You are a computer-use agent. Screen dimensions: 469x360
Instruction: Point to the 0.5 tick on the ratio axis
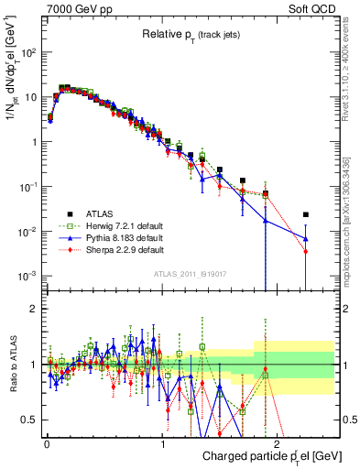[x=30, y=420]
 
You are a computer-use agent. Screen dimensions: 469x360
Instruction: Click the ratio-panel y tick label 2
[x=35, y=309]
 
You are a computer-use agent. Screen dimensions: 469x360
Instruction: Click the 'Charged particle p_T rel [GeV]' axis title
[x=258, y=454]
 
